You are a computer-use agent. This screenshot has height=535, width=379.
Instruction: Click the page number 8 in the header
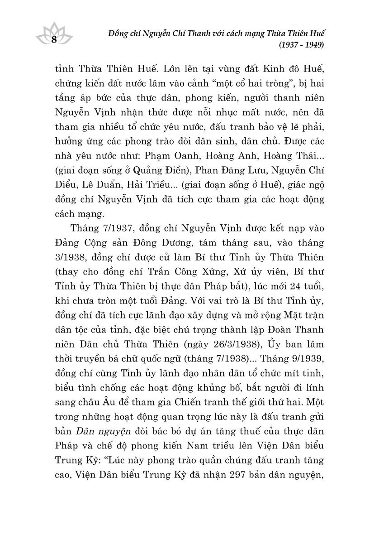[54, 39]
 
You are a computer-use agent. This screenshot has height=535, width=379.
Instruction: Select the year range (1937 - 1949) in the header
[303, 45]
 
